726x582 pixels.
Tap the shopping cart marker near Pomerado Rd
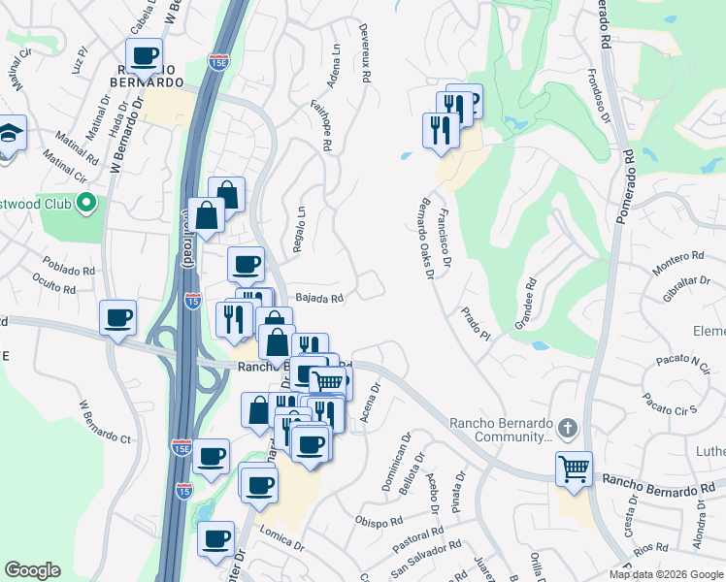[x=574, y=469]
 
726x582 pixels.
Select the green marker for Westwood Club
[x=86, y=204]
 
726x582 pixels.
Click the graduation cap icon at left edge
[x=10, y=133]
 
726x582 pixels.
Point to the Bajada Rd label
[x=319, y=299]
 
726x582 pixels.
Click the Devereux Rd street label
[x=366, y=57]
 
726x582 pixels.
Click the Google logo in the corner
[x=32, y=570]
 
